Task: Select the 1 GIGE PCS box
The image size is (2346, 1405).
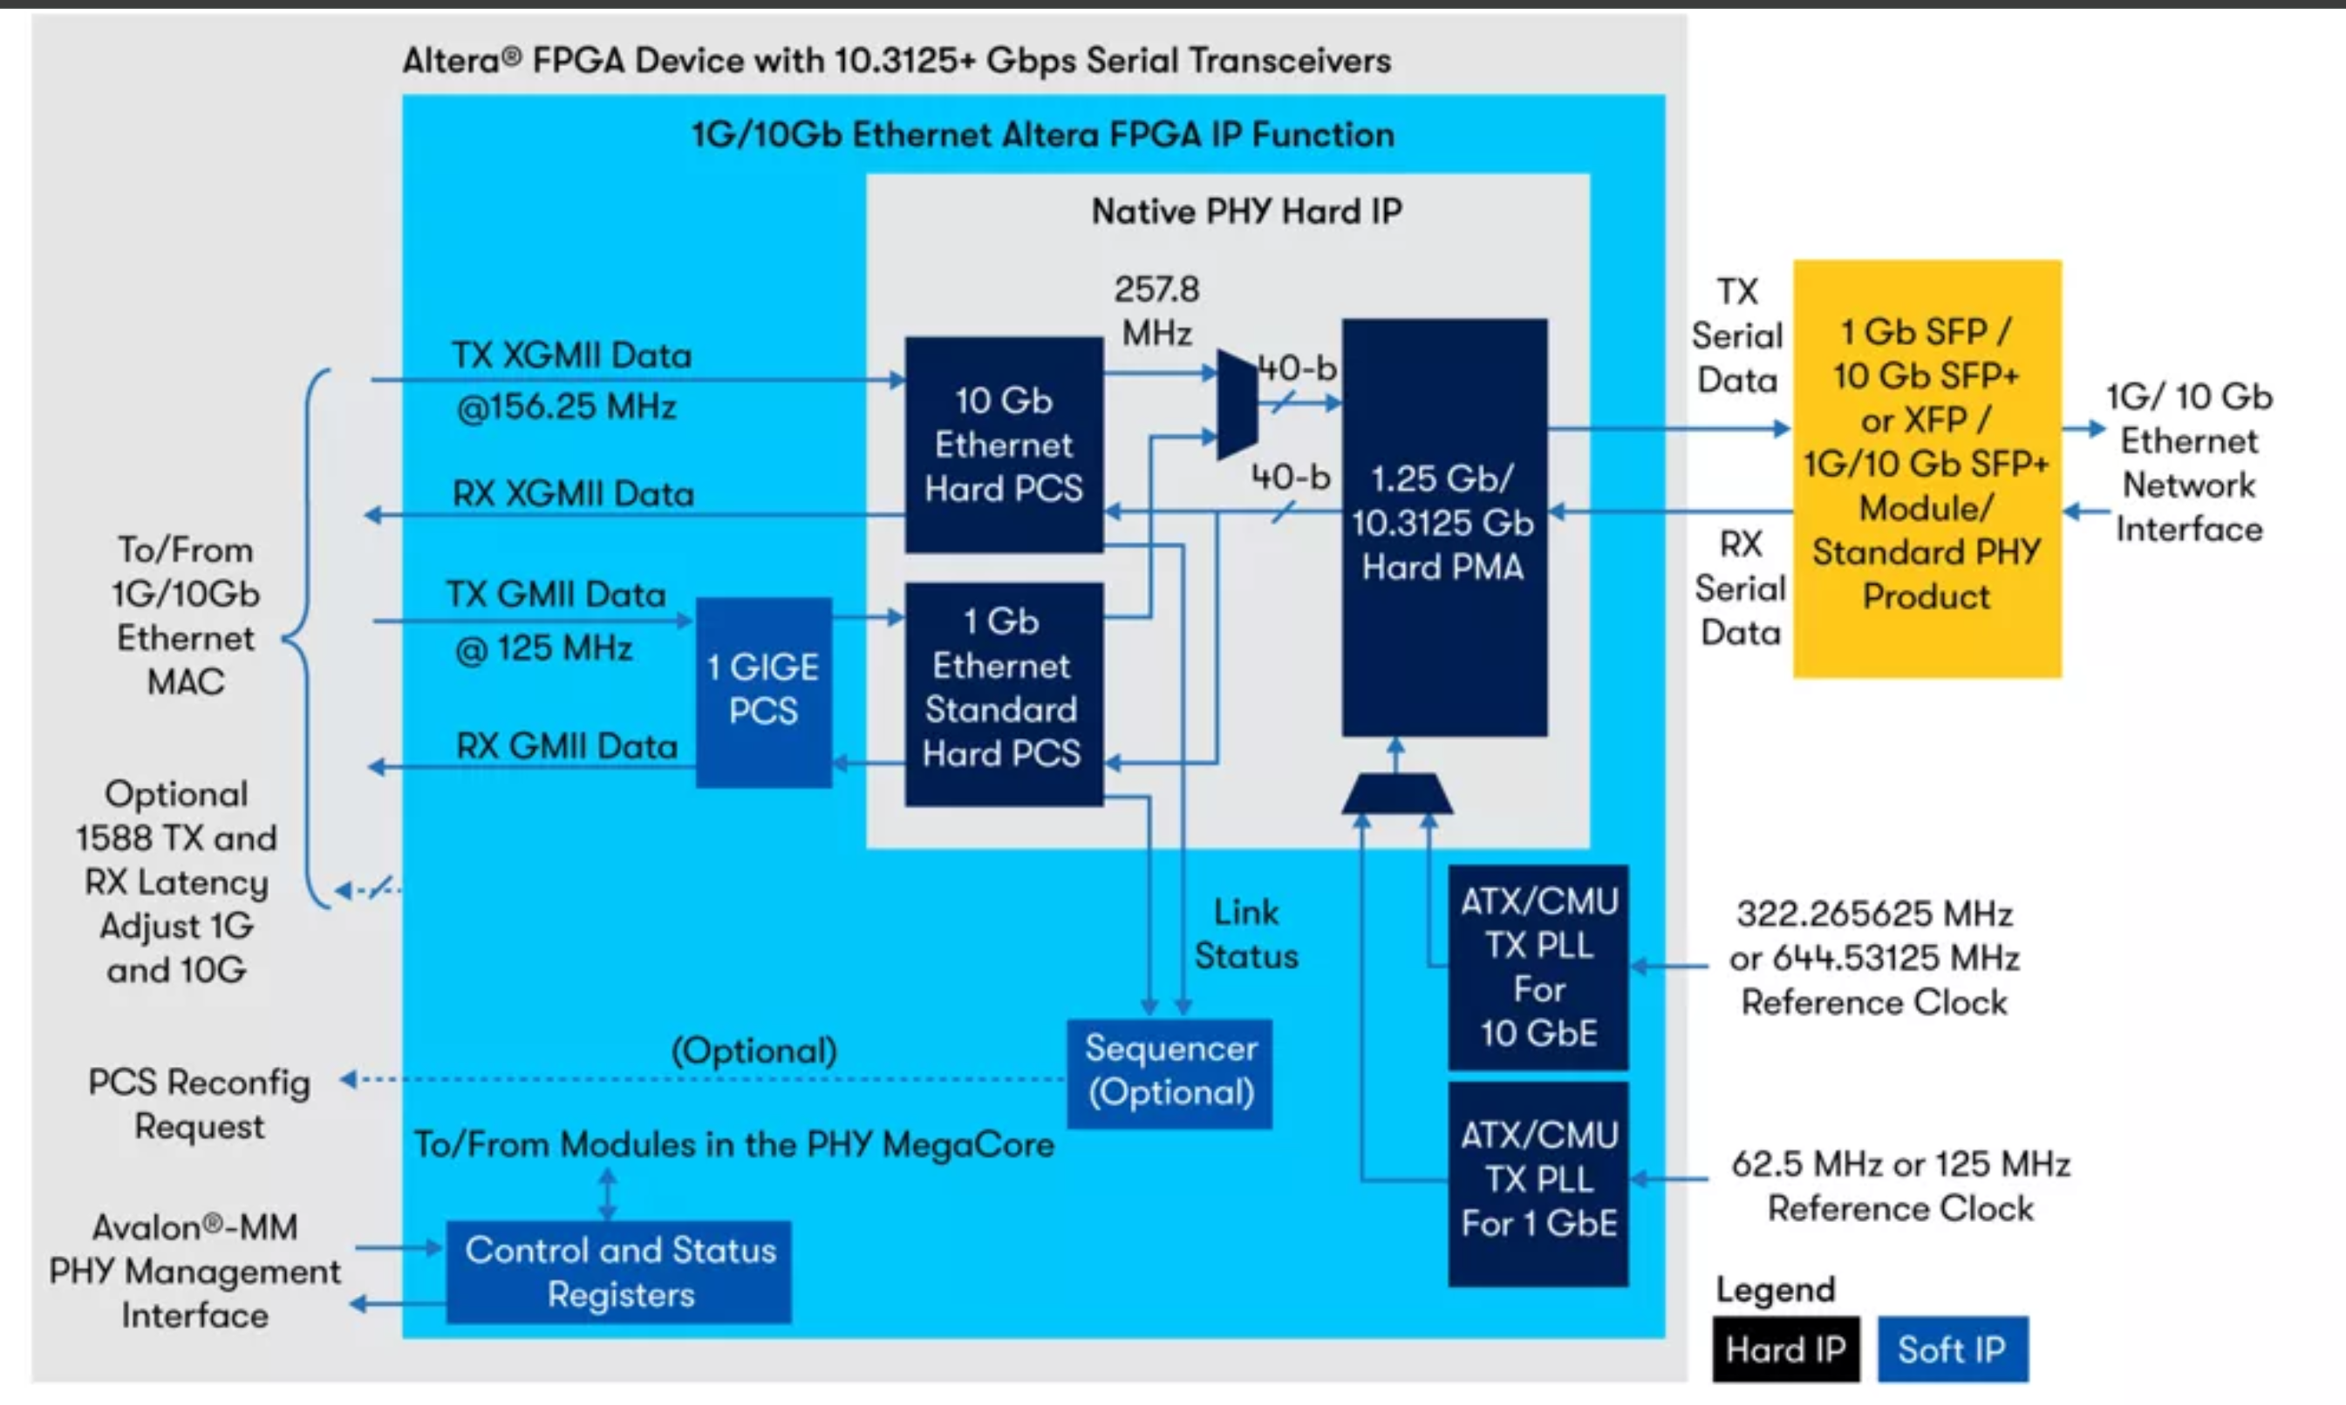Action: point(763,690)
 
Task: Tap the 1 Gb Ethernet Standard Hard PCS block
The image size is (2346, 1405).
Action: point(1003,693)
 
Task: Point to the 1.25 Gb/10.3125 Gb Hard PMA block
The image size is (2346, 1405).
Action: point(1443,526)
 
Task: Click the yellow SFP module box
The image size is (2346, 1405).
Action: point(1927,468)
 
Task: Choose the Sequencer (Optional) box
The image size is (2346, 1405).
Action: point(1170,1072)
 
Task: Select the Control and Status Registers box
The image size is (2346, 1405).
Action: point(619,1272)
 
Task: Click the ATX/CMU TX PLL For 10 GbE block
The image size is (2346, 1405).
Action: point(1538,967)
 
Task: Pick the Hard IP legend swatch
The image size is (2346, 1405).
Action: point(1785,1348)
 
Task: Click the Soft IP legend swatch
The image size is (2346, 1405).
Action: point(1952,1348)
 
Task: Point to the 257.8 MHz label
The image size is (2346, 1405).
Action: point(1156,310)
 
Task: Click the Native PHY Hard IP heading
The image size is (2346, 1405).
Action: point(1245,211)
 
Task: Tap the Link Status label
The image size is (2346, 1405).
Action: point(1245,934)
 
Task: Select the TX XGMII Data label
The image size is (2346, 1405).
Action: point(572,356)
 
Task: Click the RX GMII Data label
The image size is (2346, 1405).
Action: point(566,746)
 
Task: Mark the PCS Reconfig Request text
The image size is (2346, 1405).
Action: point(199,1104)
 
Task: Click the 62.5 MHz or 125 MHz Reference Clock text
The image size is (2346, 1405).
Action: point(1899,1185)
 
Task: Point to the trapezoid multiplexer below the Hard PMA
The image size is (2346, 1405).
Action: point(1397,793)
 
